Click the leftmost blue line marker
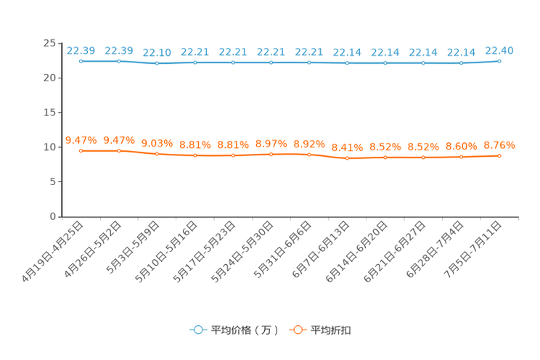pos(81,61)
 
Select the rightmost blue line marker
pos(499,61)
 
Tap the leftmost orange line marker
pos(81,150)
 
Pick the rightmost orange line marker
pos(499,155)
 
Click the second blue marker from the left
pos(119,61)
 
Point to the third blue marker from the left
pos(157,64)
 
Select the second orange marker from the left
pos(119,150)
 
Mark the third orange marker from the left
pos(157,154)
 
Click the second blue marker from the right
pos(461,63)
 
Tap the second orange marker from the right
pos(461,157)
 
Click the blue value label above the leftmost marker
pos(81,50)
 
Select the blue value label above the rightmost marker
pos(499,50)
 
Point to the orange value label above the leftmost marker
pos(81,139)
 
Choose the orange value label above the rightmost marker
pos(499,144)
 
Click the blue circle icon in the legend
pos(197,330)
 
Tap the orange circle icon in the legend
pos(297,330)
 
